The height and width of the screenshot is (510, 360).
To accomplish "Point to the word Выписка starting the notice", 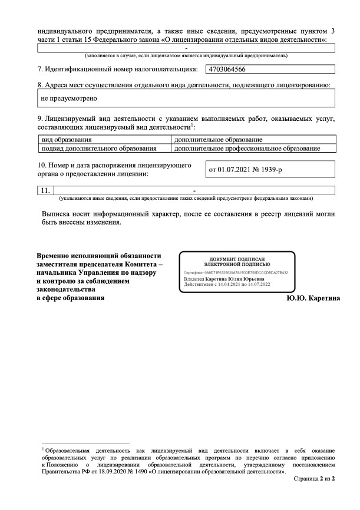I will point(56,213).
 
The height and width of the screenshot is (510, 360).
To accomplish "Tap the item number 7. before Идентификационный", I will point(40,69).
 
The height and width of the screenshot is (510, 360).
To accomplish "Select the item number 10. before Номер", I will point(42,164).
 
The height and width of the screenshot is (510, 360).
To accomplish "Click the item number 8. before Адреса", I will point(39,85).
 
